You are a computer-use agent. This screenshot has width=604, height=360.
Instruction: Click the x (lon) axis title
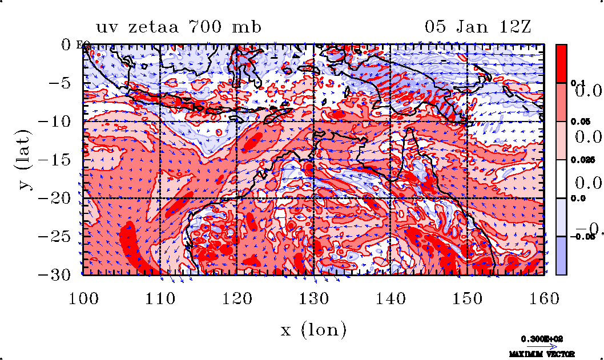point(313,329)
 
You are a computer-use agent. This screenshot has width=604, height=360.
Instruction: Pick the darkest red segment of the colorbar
point(562,63)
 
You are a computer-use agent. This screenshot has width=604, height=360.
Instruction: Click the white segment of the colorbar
point(562,179)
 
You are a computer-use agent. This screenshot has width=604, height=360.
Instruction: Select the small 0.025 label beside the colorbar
point(578,160)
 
